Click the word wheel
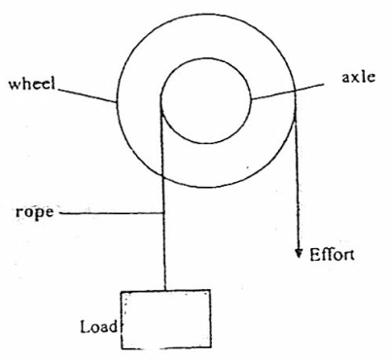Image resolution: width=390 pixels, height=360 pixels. [32, 84]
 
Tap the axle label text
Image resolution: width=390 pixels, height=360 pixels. [359, 77]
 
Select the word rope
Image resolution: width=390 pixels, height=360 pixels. [34, 213]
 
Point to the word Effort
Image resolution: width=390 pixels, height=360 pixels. [332, 255]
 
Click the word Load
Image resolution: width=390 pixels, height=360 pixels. [99, 327]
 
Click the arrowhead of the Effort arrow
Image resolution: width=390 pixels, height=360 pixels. [299, 253]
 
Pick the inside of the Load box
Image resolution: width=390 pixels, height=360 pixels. [166, 319]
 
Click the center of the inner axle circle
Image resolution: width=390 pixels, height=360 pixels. [205, 101]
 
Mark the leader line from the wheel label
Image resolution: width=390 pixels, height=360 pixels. [86, 95]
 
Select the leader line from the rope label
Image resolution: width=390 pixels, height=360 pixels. [112, 213]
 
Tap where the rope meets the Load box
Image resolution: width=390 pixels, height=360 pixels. [165, 290]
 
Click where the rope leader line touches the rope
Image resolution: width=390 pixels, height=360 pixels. [163, 213]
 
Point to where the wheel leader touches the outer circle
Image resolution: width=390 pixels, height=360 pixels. [117, 102]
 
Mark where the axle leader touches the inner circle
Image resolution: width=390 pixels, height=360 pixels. [251, 98]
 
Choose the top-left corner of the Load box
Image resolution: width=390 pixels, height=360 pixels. [122, 292]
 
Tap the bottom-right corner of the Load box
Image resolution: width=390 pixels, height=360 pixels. [211, 347]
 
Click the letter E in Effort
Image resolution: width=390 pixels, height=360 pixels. [314, 255]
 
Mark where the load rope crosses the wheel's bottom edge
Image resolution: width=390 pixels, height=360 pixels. [163, 175]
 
